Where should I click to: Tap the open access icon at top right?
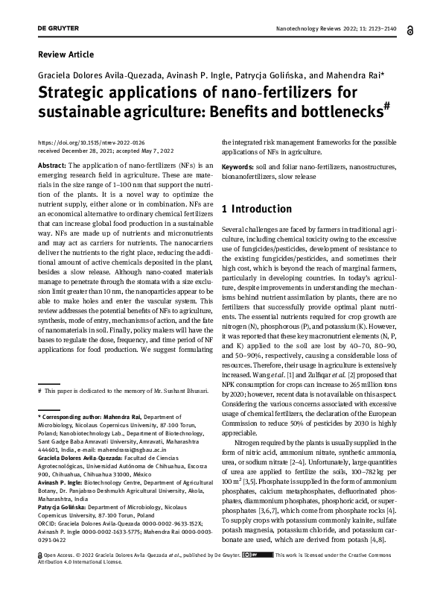click(410, 29)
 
